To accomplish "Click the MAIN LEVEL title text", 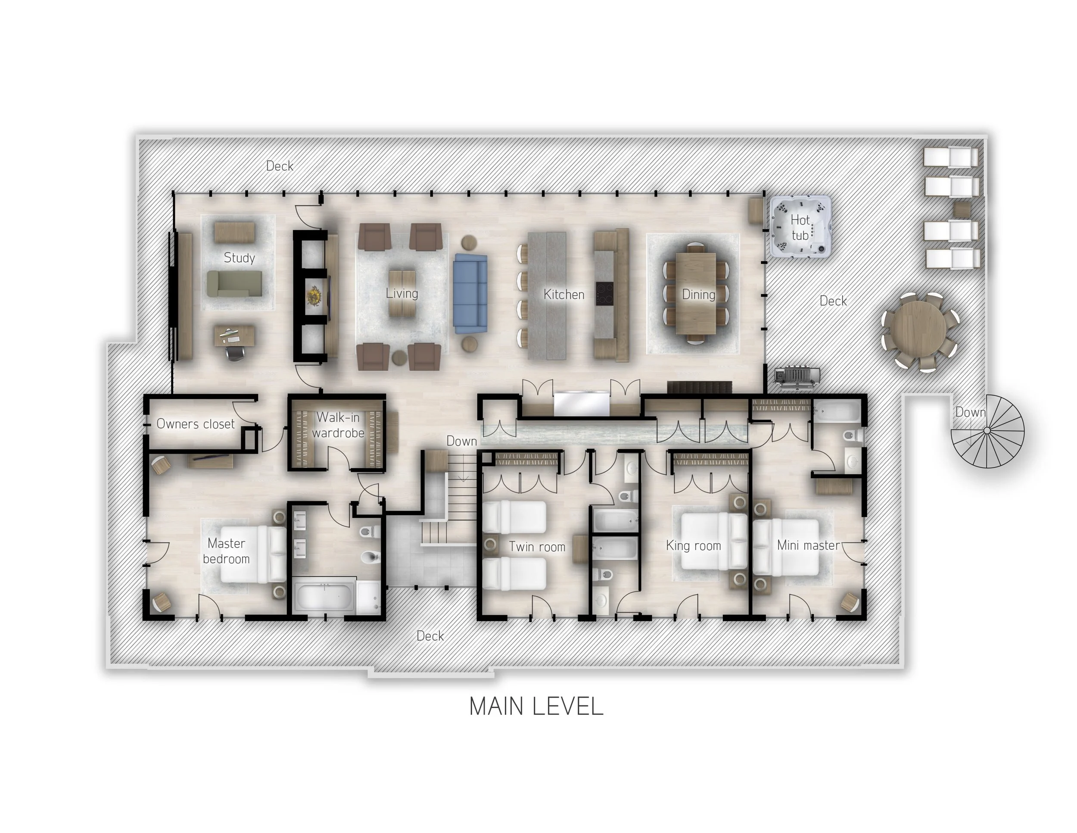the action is [x=536, y=706].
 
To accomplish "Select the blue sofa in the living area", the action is [x=470, y=294].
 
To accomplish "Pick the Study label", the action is [x=239, y=257].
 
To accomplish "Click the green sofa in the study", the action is [x=234, y=284].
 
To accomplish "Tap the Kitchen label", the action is [x=563, y=294].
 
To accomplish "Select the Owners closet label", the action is [x=195, y=424].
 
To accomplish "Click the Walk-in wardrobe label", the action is [x=338, y=425].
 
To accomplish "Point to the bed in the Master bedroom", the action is [x=252, y=554].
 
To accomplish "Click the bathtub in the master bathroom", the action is [x=324, y=596].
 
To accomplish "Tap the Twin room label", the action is [x=537, y=547].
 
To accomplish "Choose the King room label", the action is [x=693, y=545].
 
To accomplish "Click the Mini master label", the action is [x=808, y=545].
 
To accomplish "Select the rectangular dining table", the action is [x=696, y=294].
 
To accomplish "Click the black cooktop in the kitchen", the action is [x=604, y=294].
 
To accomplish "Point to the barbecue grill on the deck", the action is [x=797, y=376].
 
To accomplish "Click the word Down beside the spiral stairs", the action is [x=970, y=412].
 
